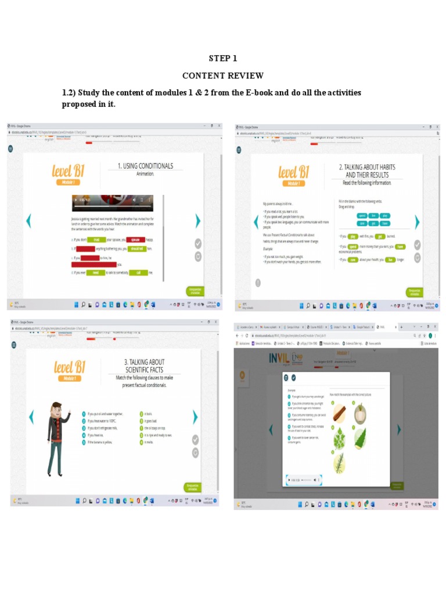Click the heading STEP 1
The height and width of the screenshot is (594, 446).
tap(223, 59)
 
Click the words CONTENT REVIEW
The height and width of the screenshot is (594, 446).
tap(223, 76)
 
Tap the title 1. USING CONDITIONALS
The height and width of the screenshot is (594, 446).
tap(145, 166)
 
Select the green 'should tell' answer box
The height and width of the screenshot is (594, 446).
tap(137, 248)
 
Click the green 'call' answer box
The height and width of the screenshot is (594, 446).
tap(138, 273)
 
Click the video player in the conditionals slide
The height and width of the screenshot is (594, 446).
tap(112, 202)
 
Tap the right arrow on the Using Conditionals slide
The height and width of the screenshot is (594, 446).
tap(198, 220)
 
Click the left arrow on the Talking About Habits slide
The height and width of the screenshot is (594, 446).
tap(256, 222)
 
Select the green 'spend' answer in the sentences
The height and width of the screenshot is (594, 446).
tap(353, 247)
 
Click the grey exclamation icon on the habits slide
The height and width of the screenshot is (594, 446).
tap(257, 282)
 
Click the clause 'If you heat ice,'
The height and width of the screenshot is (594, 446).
tap(96, 435)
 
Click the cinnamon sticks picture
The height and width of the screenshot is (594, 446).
tap(340, 412)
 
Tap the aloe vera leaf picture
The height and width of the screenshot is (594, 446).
tap(360, 438)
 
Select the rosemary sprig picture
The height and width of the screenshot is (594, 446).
tap(340, 463)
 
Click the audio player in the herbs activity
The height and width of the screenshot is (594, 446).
tap(304, 480)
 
